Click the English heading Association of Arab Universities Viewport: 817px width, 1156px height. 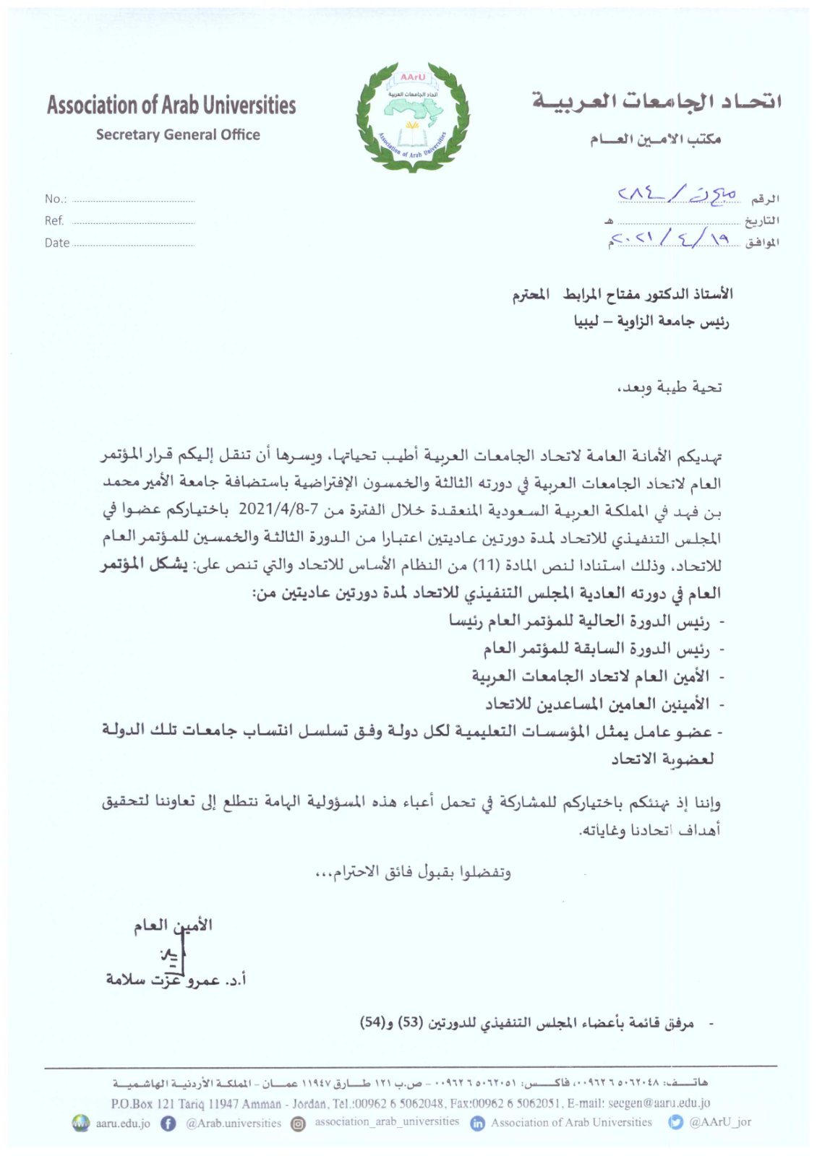[x=171, y=105]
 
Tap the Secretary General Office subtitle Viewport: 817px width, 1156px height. [x=178, y=135]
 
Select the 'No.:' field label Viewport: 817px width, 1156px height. [x=56, y=199]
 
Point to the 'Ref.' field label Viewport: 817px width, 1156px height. [x=54, y=221]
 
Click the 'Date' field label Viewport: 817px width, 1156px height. [x=57, y=243]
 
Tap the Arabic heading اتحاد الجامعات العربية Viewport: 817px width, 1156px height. [x=656, y=102]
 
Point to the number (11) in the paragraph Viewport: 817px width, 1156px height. [x=482, y=564]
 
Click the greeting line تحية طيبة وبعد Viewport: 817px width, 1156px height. [x=669, y=388]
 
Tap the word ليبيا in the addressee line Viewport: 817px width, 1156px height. [x=586, y=321]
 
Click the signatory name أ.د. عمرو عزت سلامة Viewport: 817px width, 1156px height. [x=176, y=980]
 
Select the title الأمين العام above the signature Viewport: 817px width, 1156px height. [x=173, y=926]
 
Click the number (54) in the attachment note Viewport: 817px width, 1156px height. [x=372, y=1023]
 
